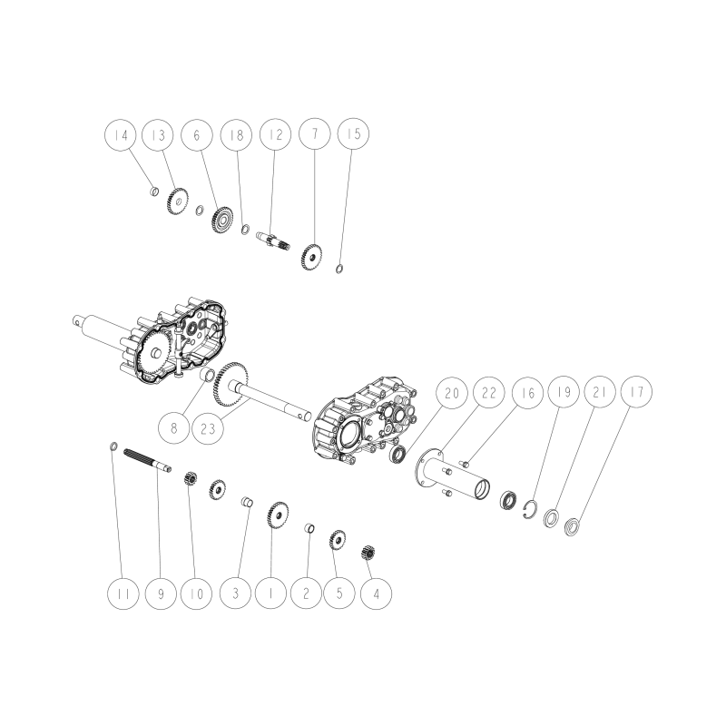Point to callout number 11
(121, 594)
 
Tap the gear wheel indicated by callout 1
(277, 517)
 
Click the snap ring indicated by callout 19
(533, 511)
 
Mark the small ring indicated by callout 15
(338, 268)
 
